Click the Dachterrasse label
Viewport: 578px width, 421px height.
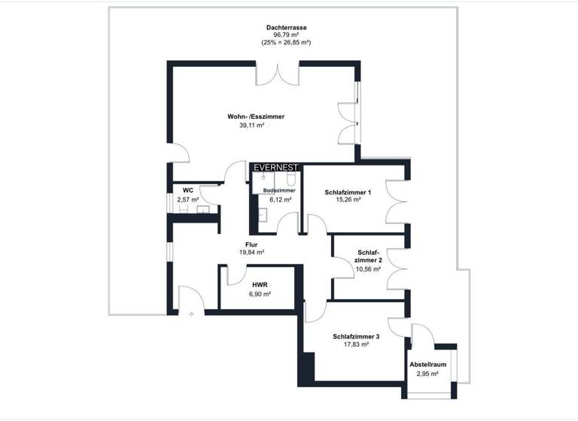coord(286,27)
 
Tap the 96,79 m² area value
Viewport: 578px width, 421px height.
coord(286,35)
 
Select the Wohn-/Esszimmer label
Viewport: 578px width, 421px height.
coord(256,117)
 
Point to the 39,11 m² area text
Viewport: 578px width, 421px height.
coord(251,126)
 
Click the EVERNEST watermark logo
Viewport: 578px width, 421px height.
coord(276,168)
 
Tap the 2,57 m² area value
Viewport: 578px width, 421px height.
coord(187,199)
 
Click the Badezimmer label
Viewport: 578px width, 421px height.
coord(279,191)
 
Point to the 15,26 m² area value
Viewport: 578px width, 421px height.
coord(349,201)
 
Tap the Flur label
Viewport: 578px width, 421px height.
coord(252,244)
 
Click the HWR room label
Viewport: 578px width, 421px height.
coord(260,285)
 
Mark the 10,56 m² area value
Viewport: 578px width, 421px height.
coord(368,269)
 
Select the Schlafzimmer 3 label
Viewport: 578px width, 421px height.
coord(356,336)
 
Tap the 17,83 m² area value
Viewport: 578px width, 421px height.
coord(356,344)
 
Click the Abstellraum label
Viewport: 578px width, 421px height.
coord(428,364)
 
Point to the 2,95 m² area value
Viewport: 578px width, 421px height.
coord(428,373)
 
